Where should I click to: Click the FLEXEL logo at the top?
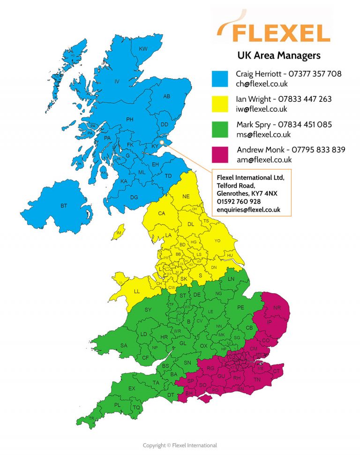(275, 29)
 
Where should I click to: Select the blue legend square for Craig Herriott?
(220, 79)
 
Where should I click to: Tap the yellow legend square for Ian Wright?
(220, 104)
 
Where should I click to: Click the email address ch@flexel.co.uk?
(262, 84)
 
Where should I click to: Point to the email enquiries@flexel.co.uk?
(248, 210)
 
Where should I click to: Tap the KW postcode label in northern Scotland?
(143, 49)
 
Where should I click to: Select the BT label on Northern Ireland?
(64, 206)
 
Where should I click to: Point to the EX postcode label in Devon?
(132, 388)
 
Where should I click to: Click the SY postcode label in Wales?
(148, 310)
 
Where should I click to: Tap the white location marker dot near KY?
(162, 141)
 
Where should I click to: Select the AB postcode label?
(166, 96)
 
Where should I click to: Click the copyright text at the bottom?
(180, 445)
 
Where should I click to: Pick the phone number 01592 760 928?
(239, 201)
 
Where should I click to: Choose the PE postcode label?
(241, 307)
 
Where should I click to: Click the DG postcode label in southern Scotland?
(134, 197)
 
